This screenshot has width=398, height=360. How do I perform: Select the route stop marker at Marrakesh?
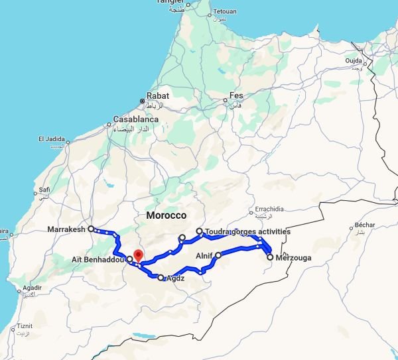(91, 229)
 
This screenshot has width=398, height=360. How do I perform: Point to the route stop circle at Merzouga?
(270, 257)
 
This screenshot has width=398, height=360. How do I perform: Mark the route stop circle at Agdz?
(161, 277)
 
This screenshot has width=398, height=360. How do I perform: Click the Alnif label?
(204, 255)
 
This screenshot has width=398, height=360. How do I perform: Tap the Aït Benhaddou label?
(98, 260)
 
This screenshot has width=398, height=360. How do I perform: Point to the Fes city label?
(236, 95)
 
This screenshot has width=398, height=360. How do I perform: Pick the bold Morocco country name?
(166, 216)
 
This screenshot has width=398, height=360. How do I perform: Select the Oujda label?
(354, 61)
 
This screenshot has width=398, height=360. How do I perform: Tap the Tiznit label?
(25, 326)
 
